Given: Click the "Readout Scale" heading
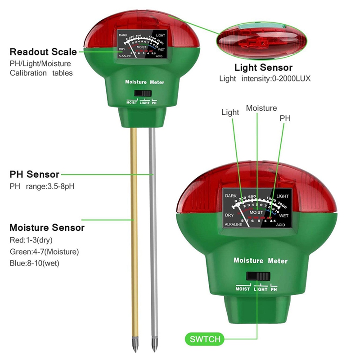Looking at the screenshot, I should click(x=43, y=52).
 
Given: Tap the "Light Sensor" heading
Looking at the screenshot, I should click(x=264, y=68).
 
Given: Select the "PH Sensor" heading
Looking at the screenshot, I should click(x=35, y=174).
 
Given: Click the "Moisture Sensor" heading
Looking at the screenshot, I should click(x=47, y=228).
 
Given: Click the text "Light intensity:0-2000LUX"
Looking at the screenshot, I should click(x=265, y=79).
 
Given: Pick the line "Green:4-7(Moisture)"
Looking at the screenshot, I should click(x=44, y=252).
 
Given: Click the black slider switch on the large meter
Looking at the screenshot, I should click(x=258, y=276).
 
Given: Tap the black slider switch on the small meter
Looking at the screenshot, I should click(x=142, y=93).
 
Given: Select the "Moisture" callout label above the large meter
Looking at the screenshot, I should click(x=261, y=108).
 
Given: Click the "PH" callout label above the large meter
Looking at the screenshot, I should click(x=285, y=118).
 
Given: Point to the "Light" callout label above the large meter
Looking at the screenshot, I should click(x=230, y=112).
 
